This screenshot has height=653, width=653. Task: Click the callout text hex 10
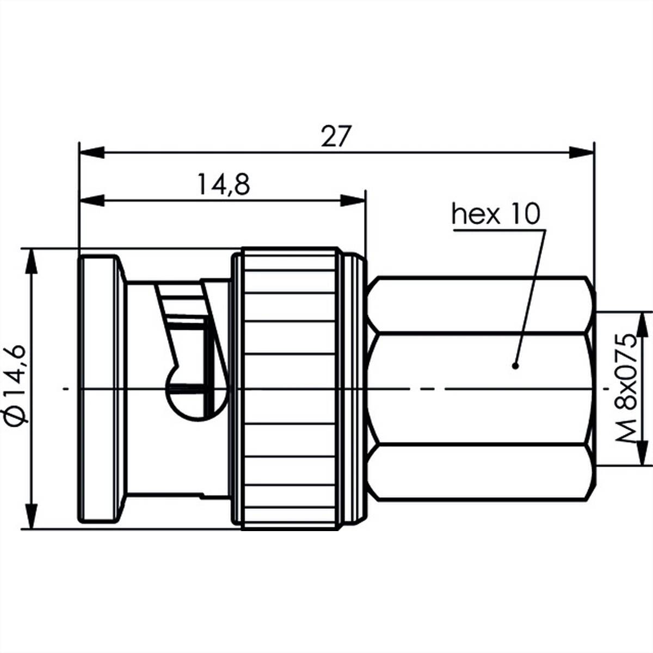coord(496,214)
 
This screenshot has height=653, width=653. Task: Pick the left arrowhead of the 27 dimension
coord(91,153)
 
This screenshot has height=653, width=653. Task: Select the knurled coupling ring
coord(288,389)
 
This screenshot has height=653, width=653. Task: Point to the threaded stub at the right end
coord(595,389)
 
